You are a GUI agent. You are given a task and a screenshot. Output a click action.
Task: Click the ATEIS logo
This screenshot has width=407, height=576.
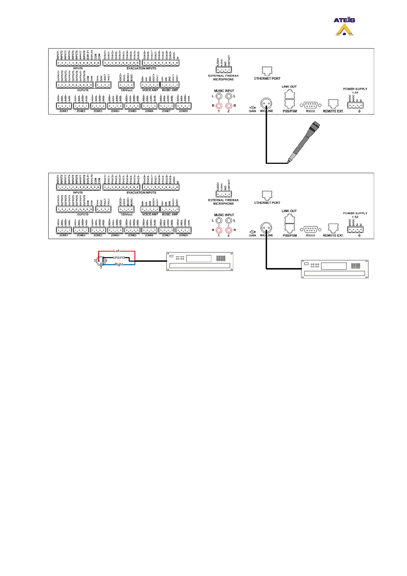(344, 26)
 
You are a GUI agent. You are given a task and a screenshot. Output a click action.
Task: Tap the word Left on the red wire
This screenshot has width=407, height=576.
(116, 251)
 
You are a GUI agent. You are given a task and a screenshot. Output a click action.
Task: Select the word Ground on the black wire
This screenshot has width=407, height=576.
(119, 257)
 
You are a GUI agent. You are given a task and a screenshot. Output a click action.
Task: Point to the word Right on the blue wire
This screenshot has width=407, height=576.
(119, 264)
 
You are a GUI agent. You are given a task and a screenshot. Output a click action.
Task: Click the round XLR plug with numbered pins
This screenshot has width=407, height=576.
(101, 261)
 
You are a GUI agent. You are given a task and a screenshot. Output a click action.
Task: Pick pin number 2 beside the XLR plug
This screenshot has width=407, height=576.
(95, 261)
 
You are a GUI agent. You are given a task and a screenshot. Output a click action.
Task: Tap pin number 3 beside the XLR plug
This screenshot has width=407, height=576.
(101, 267)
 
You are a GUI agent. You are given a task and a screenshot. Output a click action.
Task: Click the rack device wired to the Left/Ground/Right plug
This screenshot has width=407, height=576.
(199, 262)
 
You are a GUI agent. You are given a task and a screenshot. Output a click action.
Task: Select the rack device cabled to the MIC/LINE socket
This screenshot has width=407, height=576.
(334, 269)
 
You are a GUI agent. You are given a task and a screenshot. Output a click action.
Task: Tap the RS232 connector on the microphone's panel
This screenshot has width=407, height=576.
(311, 105)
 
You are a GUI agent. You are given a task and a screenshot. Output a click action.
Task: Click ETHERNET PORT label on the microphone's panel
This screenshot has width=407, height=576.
(267, 79)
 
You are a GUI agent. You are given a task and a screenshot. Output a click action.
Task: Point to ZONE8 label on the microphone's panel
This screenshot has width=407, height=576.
(183, 111)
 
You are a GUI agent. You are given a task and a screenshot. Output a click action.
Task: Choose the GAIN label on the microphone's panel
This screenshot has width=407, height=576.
(252, 111)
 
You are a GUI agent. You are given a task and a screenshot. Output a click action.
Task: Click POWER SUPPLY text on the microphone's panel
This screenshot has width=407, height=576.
(355, 89)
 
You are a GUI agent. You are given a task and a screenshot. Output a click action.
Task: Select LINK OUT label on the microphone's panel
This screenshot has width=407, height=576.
(289, 87)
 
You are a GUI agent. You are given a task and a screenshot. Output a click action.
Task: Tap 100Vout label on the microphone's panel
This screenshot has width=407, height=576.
(126, 90)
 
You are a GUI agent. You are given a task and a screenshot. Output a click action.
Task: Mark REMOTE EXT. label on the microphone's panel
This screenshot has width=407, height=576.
(333, 111)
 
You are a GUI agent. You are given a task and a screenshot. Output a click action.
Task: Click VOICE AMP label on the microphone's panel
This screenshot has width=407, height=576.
(150, 90)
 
